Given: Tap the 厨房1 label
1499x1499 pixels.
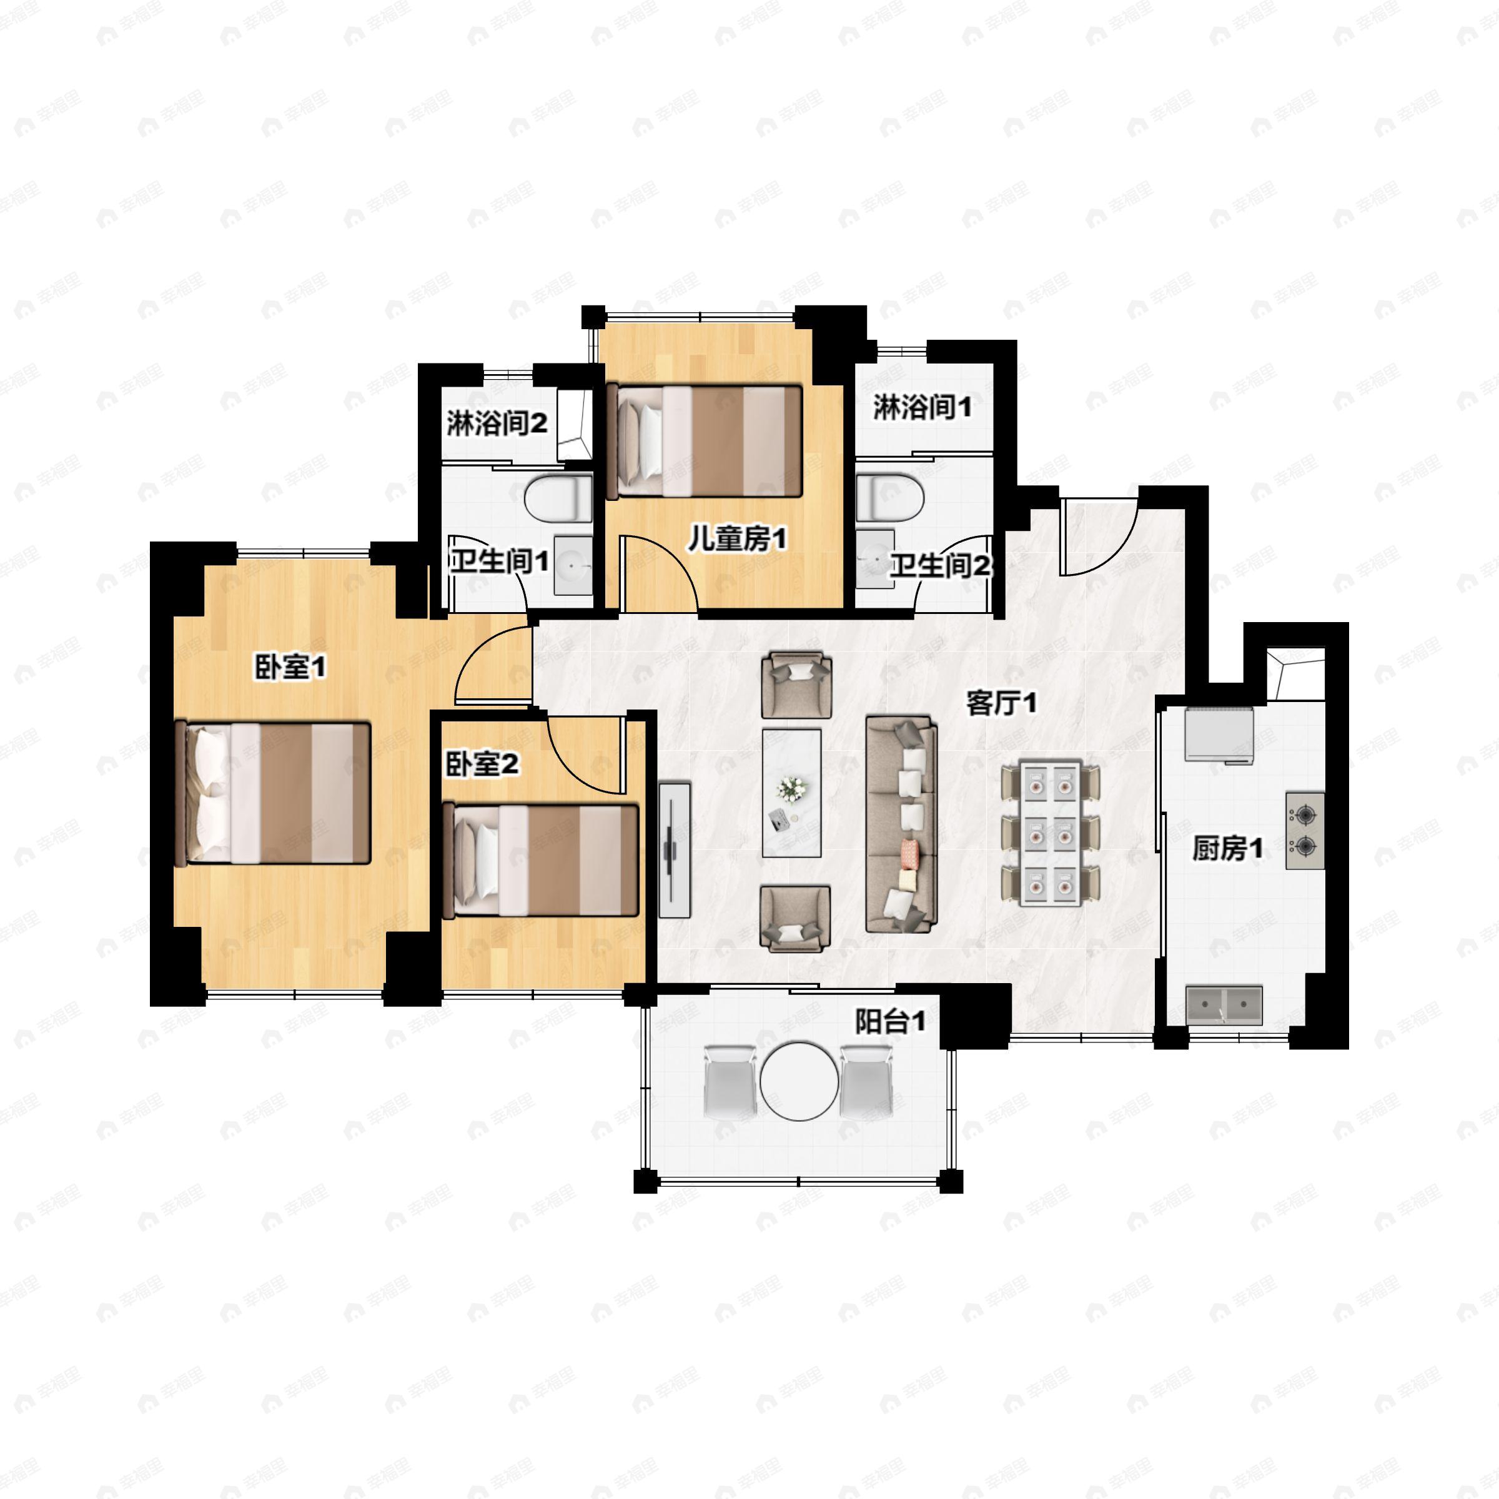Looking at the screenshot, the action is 1227,849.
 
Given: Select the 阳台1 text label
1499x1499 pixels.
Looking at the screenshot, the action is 891,1021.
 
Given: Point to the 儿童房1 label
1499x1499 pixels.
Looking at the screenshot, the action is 737,538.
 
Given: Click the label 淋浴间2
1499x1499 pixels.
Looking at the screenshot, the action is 497,423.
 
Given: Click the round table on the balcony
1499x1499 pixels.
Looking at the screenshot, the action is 799,1081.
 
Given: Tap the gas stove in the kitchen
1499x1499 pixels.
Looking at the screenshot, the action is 1305,830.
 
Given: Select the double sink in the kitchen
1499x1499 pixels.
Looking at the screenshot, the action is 1225,1006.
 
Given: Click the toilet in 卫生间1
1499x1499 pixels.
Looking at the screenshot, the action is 558,498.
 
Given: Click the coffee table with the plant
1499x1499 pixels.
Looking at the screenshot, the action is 791,793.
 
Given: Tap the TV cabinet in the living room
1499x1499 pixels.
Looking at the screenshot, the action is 675,849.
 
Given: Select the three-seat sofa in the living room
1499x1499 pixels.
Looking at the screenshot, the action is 901,824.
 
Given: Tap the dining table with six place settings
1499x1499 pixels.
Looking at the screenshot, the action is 1051,833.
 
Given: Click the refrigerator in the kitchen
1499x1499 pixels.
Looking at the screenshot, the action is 1219,734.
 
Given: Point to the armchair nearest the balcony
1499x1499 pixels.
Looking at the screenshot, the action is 791,919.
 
